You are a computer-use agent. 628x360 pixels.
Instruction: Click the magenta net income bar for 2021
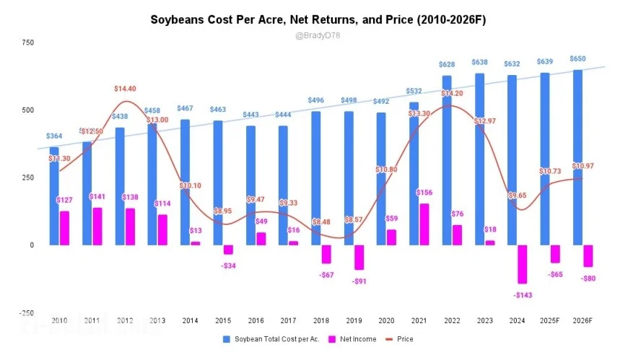tap(424, 224)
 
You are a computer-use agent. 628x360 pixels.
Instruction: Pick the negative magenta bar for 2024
tap(523, 264)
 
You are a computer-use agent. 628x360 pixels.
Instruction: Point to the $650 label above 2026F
tap(577, 59)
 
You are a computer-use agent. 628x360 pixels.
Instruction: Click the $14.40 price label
tap(126, 88)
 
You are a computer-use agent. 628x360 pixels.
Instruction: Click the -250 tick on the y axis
tap(26, 312)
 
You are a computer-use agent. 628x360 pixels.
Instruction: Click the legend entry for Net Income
tap(353, 339)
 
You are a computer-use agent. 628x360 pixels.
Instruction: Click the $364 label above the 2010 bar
tap(54, 136)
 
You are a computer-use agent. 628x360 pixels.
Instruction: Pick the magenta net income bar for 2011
tap(97, 226)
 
